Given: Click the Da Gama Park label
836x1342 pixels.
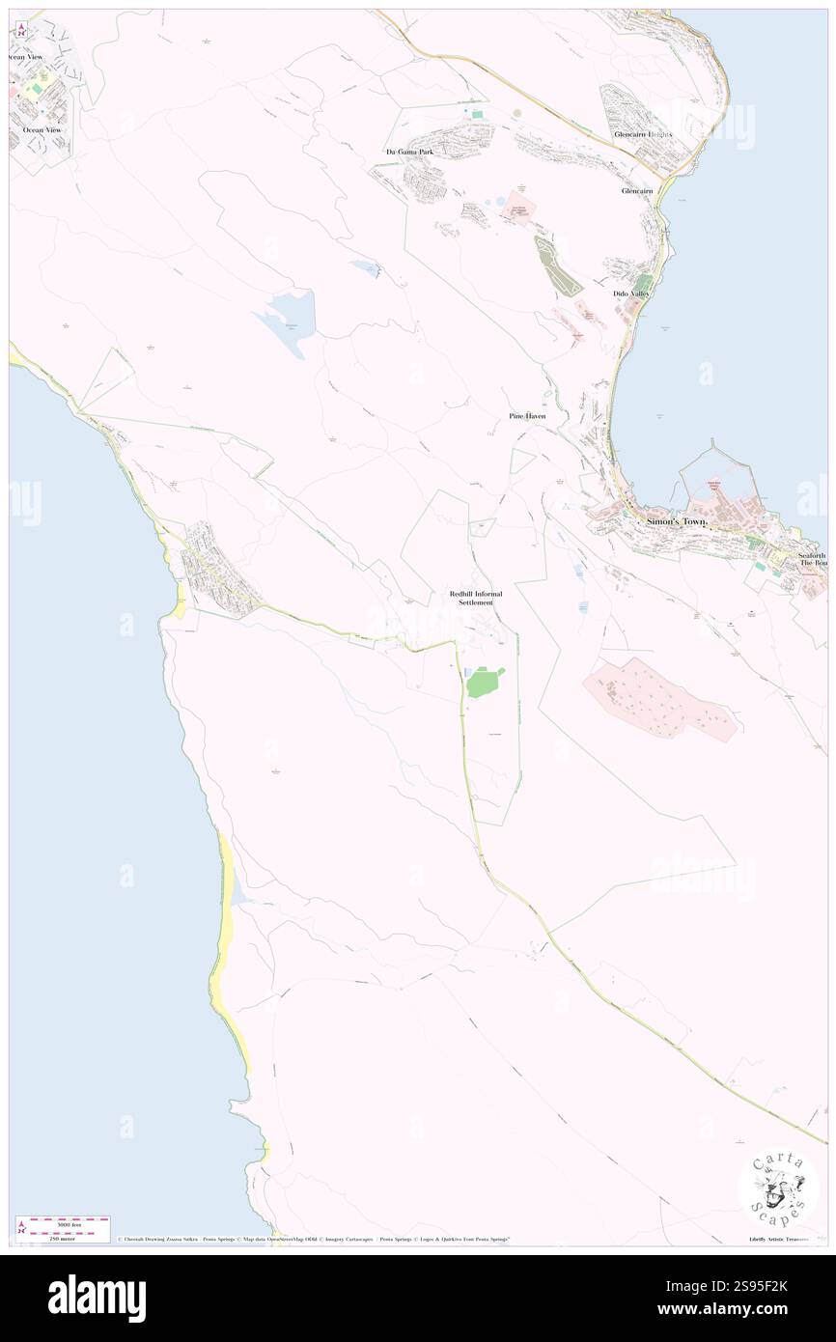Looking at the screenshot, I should [x=404, y=153].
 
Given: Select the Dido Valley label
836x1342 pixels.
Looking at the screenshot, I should [x=631, y=293].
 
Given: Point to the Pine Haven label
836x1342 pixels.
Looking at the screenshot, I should [x=527, y=416].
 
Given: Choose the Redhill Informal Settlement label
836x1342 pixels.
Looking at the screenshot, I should [x=476, y=598].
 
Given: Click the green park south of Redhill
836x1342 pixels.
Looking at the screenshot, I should [x=484, y=683].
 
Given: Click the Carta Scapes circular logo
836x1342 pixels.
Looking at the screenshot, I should [x=778, y=1188].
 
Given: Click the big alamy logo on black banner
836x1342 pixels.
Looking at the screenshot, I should [x=97, y=1298].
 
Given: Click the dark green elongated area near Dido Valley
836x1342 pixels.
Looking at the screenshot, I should [x=558, y=266].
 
